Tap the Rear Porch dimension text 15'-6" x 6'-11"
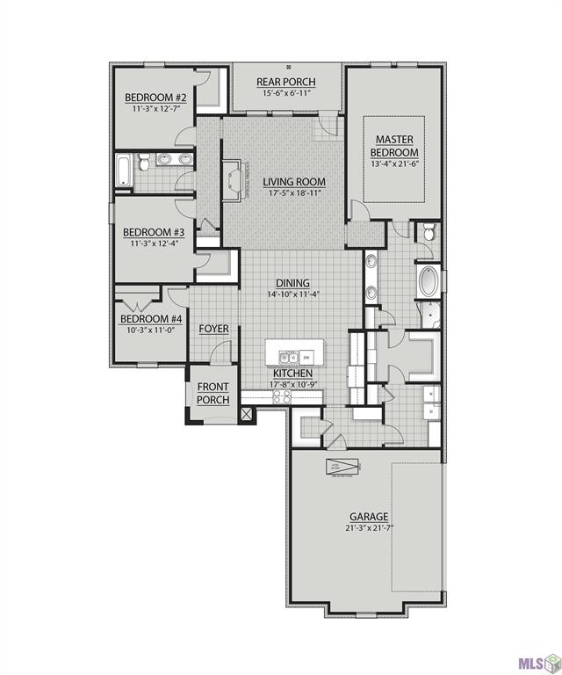[285, 95]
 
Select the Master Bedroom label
[395, 146]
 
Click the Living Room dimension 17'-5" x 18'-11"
[295, 194]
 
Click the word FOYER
[213, 329]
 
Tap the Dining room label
[292, 283]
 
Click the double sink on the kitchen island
[287, 357]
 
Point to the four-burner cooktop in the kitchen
[282, 396]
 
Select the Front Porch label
[213, 394]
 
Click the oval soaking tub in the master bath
[429, 281]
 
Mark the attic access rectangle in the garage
[344, 467]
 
